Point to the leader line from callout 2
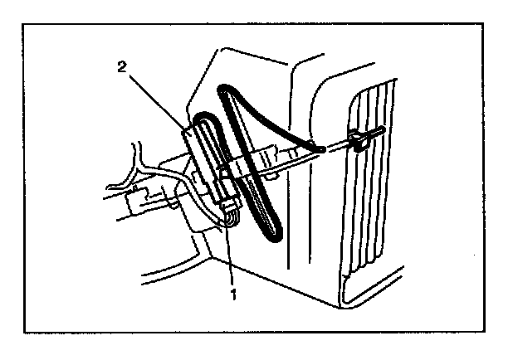(x=158, y=98)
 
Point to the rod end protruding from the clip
(x=379, y=130)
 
